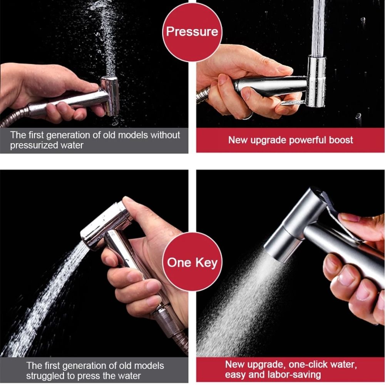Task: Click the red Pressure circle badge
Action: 192,31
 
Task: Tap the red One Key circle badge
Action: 192,263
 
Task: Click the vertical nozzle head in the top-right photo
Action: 316,81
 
